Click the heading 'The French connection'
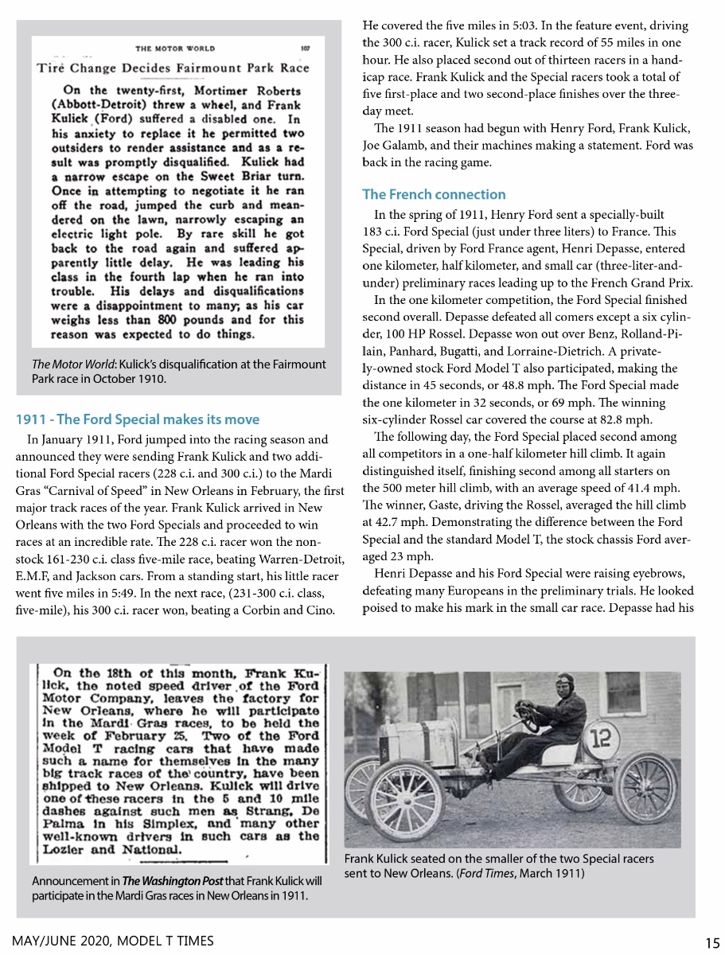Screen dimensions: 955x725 [x=434, y=194]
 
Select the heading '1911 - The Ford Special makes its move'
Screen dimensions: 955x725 [x=138, y=419]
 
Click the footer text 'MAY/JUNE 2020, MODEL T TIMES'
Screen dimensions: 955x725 [x=112, y=941]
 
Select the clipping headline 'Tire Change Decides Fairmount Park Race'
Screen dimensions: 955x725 [x=173, y=68]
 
